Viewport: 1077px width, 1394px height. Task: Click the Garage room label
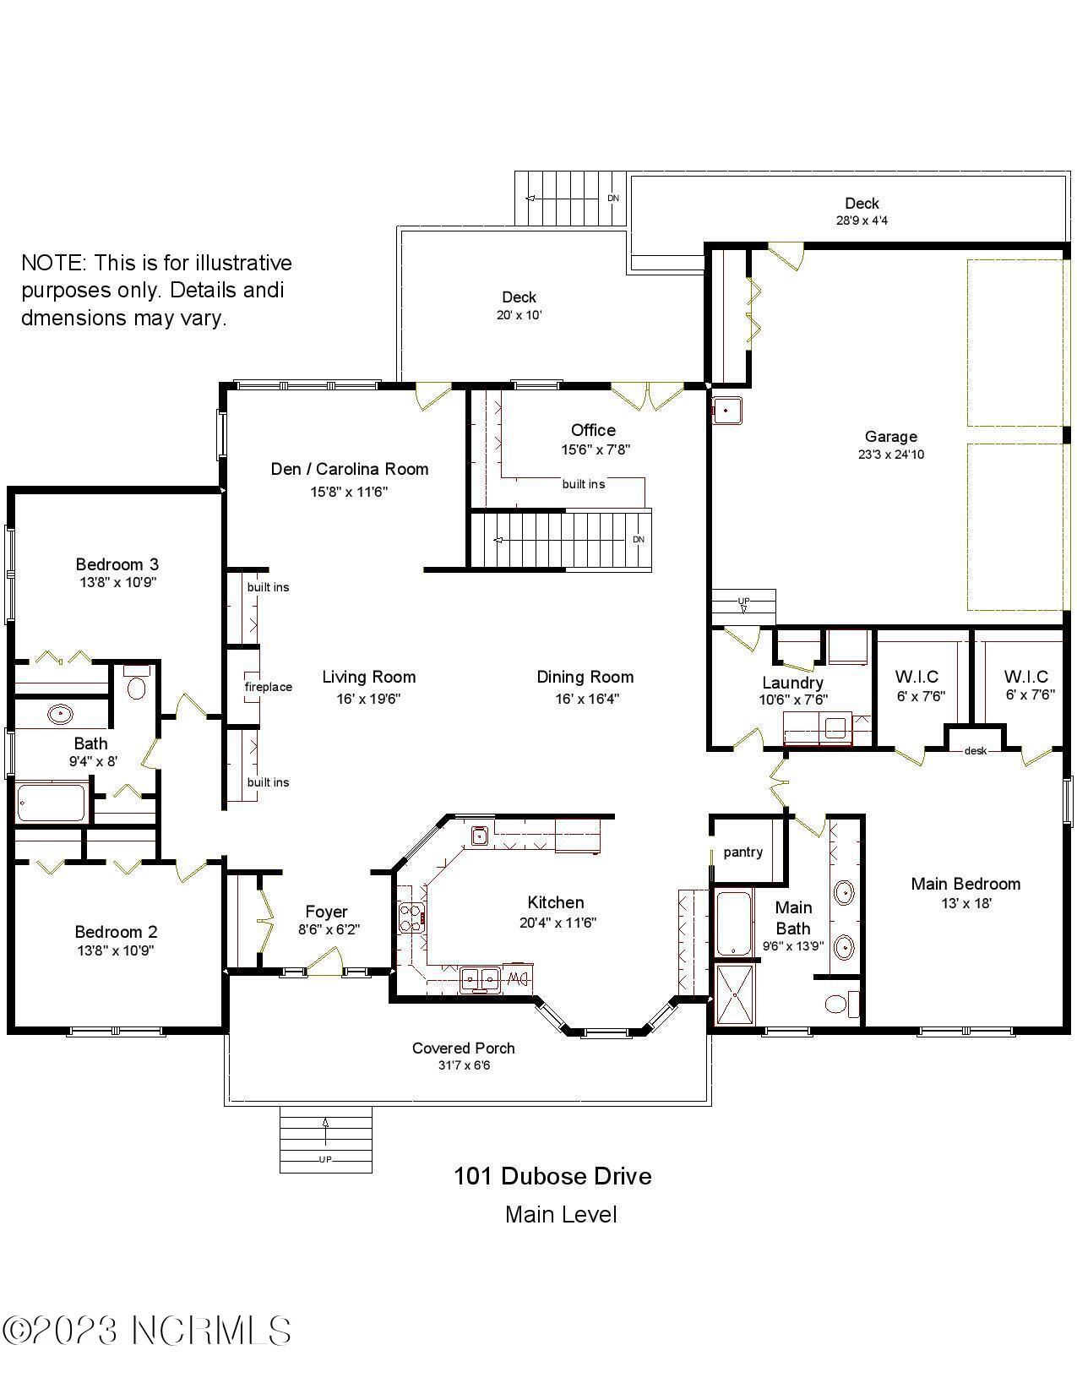pos(890,437)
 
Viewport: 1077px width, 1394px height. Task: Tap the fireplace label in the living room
pos(268,687)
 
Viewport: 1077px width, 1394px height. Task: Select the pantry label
pos(742,852)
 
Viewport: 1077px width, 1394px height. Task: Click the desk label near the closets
pos(975,750)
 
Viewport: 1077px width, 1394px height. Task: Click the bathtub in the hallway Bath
pos(52,803)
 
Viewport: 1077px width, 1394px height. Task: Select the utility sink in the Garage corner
pos(726,411)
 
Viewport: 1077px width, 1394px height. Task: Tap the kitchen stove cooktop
pos(411,918)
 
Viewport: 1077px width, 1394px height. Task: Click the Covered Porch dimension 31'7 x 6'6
pos(464,1065)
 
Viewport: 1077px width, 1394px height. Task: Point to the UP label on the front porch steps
pos(325,1159)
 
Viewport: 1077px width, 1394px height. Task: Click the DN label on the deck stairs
pos(613,198)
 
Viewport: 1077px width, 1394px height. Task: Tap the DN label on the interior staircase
pos(639,539)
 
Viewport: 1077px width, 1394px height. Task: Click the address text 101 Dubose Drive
pos(552,1176)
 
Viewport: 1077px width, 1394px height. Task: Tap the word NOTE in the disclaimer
pos(52,263)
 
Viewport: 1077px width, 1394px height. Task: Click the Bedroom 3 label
pos(117,564)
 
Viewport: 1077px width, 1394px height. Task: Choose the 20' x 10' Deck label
pos(519,305)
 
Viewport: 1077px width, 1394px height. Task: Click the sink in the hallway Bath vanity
pos(60,714)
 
